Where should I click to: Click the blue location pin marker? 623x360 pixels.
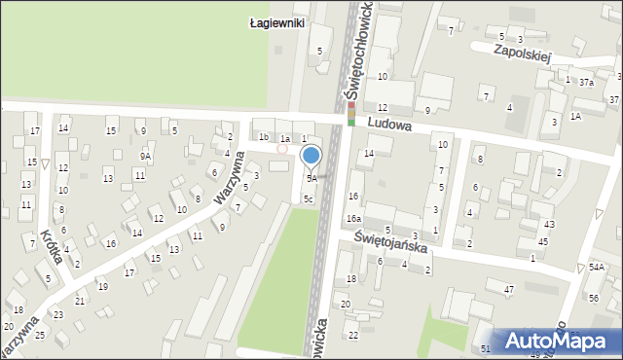[311, 155]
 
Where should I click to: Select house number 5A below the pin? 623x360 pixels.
[311, 179]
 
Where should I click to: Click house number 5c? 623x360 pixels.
[308, 198]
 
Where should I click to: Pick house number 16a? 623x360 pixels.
[354, 219]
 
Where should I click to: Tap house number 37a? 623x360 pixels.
[586, 83]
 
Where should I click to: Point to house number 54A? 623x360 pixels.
[595, 267]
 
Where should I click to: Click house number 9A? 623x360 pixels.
[145, 156]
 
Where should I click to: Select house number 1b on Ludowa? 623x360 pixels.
[264, 138]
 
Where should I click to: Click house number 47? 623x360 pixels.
[508, 290]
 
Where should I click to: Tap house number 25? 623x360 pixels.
[40, 335]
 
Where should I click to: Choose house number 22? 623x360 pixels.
[353, 335]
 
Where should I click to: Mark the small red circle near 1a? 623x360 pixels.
[282, 149]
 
